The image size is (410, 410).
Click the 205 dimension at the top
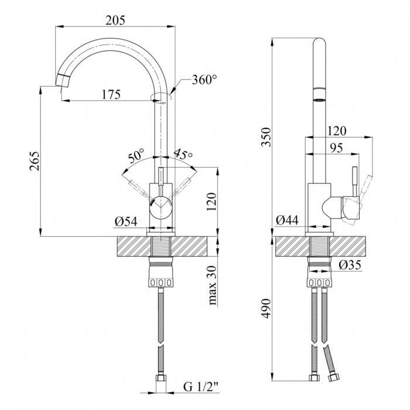(x=115, y=20)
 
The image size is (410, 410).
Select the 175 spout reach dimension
(x=111, y=94)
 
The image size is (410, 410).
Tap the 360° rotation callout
(x=204, y=80)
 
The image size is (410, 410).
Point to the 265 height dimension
(x=35, y=161)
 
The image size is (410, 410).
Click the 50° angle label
(x=136, y=156)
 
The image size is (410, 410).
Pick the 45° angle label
(x=183, y=154)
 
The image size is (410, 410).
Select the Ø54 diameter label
(x=126, y=222)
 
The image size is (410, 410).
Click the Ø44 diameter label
(x=287, y=220)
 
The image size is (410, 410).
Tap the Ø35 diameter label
(x=350, y=265)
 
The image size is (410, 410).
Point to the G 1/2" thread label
(x=201, y=387)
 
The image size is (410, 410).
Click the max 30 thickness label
(x=212, y=285)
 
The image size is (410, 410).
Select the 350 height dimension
(x=266, y=137)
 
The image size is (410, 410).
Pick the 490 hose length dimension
(x=266, y=309)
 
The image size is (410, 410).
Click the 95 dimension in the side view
(x=336, y=148)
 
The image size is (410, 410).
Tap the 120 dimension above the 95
(x=337, y=131)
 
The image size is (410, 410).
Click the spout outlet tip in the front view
(x=62, y=81)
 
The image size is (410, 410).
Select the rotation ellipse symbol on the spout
(x=161, y=97)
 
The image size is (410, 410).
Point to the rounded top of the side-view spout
(x=320, y=42)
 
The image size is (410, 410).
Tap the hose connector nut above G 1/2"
(x=161, y=378)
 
